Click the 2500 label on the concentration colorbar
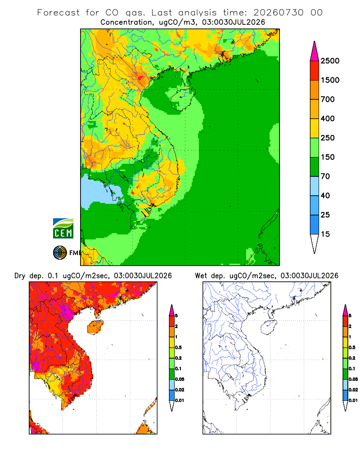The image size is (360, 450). coord(330,61)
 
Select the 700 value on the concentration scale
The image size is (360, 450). coord(328,99)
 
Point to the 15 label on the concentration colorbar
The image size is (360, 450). coord(325,234)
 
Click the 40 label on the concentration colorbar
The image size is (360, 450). coord(325,195)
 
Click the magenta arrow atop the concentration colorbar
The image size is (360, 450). coord(315,51)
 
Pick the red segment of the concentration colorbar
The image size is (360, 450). coord(315,71)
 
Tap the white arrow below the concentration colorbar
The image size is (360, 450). coord(315,243)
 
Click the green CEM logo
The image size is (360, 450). coord(63,229)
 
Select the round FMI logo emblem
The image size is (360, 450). coord(60,253)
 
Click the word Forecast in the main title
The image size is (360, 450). coord(58,13)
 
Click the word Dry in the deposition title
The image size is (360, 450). coord(20,276)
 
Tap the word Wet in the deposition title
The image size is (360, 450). coord(201,276)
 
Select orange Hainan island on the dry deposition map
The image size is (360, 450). coord(95,327)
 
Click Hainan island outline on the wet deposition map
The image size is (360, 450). coord(269,327)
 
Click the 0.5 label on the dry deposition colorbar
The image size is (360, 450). coord(178,347)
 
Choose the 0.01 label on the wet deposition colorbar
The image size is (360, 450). coord(353,400)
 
